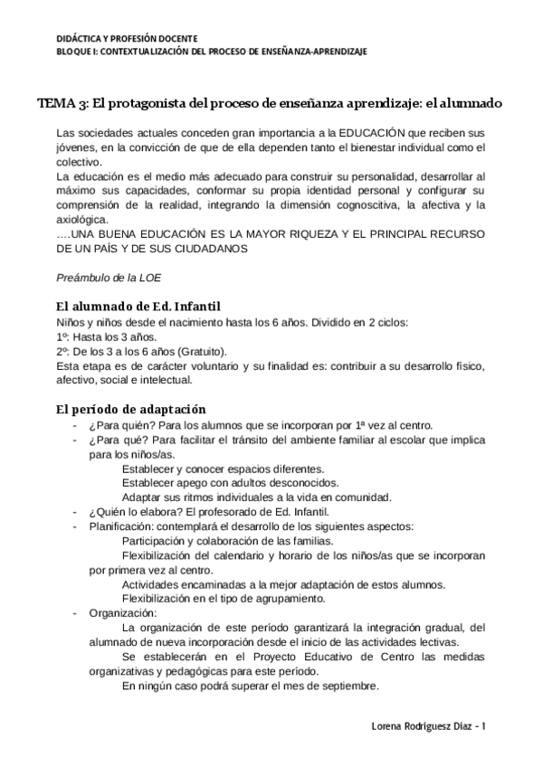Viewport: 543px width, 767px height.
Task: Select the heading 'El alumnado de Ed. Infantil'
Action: click(138, 306)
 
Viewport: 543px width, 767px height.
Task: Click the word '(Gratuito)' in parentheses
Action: click(204, 351)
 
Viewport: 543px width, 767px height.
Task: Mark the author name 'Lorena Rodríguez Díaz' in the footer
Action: click(422, 726)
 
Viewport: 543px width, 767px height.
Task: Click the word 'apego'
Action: click(194, 482)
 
